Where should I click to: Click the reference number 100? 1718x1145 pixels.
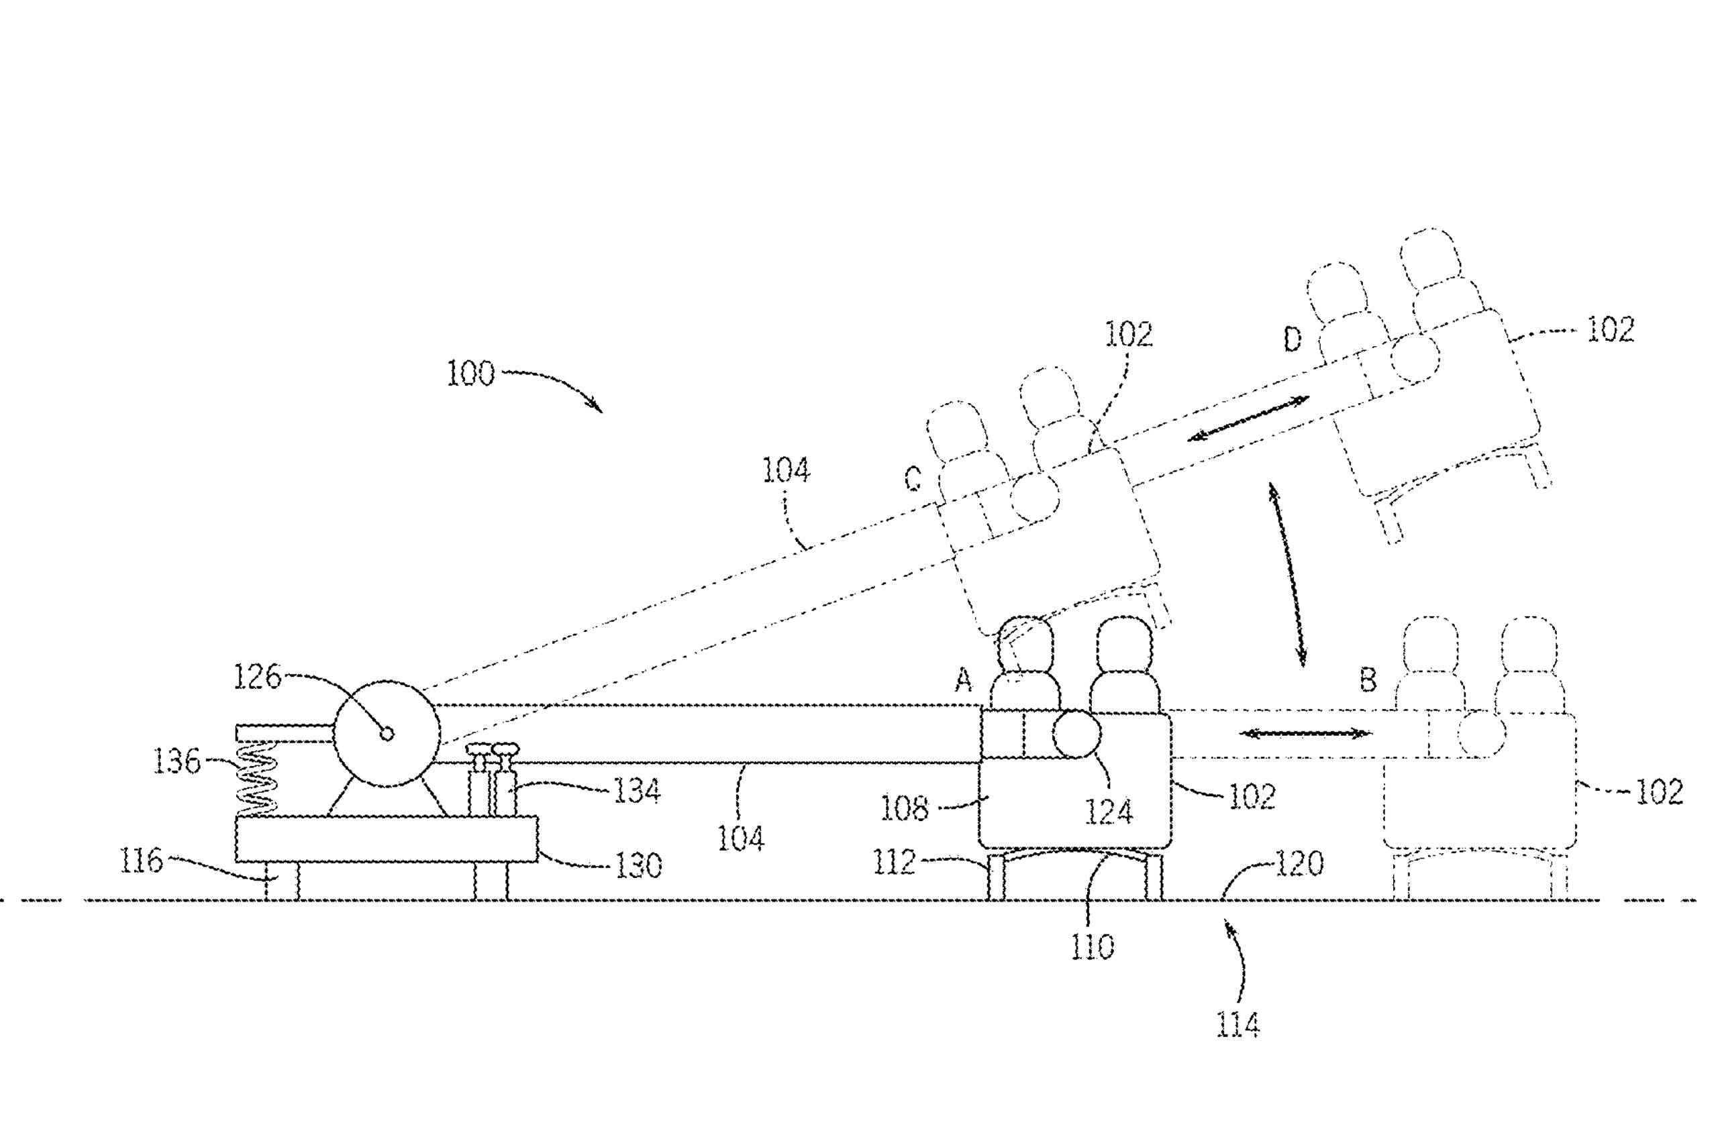470,374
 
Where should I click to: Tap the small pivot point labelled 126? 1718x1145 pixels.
387,733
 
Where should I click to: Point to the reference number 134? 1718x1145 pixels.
637,791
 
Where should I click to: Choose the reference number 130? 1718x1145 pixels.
638,865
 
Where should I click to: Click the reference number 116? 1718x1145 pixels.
141,862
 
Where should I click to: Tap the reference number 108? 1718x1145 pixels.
904,809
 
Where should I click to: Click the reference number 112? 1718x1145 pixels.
894,863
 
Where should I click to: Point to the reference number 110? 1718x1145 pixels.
1093,948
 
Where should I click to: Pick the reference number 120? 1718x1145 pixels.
1299,865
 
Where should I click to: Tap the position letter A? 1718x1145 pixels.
964,681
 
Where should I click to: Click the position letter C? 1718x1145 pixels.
913,479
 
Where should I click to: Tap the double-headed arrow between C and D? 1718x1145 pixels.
1248,419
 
